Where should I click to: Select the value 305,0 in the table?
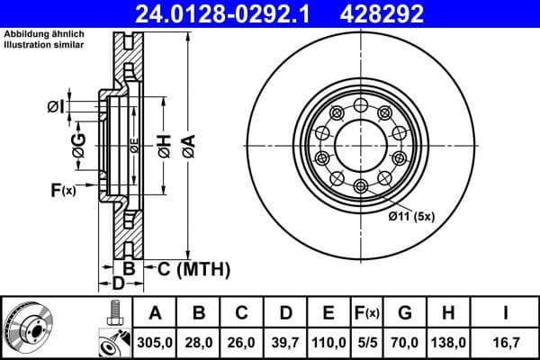[156, 342]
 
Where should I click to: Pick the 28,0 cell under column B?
[199, 342]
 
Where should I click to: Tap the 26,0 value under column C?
[242, 342]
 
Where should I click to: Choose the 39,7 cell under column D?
[285, 342]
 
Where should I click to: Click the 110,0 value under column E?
[328, 342]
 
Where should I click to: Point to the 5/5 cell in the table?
[368, 342]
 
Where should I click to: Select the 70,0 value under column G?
[406, 342]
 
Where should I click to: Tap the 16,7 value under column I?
[506, 342]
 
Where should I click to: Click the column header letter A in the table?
[156, 313]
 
